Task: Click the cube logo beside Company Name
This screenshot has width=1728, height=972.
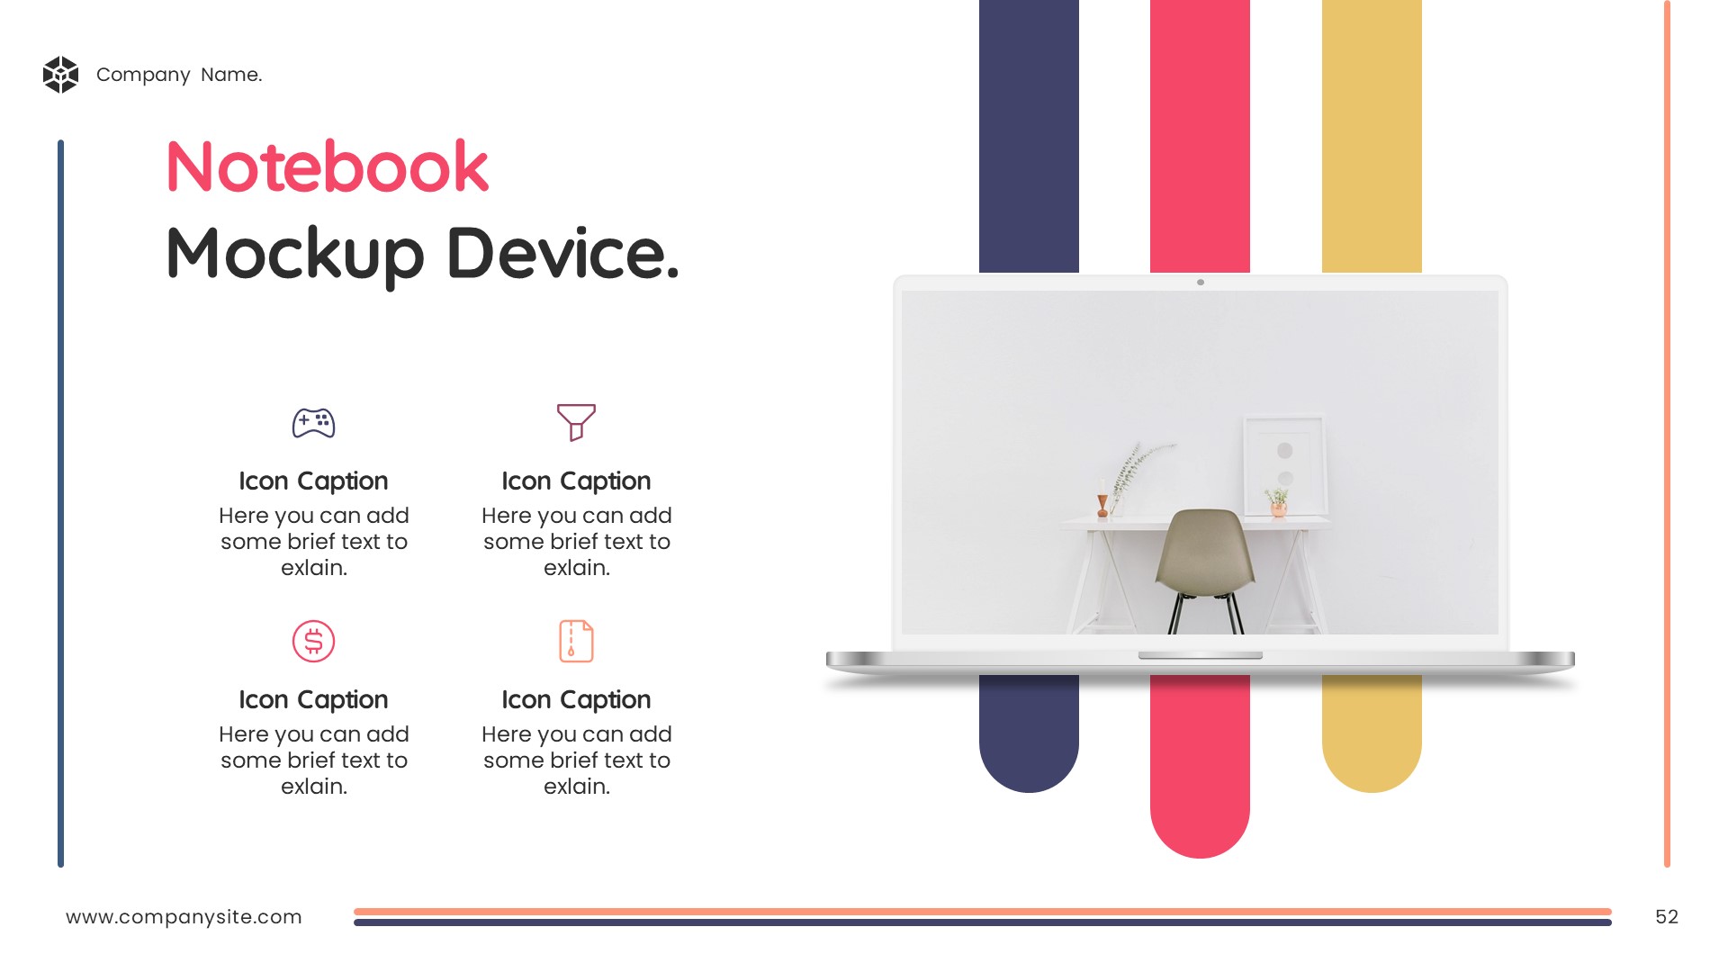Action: pos(61,75)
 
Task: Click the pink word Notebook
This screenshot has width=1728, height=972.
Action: pos(328,167)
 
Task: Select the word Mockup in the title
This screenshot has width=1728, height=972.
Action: pos(295,256)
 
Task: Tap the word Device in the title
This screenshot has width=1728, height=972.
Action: pos(562,254)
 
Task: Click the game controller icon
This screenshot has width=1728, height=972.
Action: pos(313,423)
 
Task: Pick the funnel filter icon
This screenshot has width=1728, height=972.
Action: pos(576,422)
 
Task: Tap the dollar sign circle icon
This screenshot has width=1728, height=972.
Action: pos(313,642)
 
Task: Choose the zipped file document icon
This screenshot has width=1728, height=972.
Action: pos(576,642)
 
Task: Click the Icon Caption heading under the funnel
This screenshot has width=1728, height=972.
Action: pos(576,481)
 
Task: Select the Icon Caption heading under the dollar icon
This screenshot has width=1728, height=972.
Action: pos(313,700)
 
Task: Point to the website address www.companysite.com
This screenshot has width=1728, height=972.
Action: pos(184,917)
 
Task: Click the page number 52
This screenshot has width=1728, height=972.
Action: pos(1667,917)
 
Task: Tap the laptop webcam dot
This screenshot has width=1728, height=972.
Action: pos(1201,283)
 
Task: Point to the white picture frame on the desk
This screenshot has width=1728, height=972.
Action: pos(1284,465)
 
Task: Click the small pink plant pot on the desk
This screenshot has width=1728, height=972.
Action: pos(1278,509)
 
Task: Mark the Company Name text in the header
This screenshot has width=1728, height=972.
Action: pos(179,75)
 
